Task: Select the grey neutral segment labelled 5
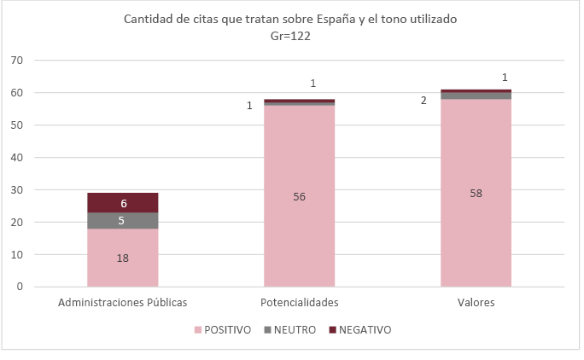click(122, 220)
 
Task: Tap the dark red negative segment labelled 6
click(122, 203)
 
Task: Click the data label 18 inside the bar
click(123, 258)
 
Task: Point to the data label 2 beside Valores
click(423, 101)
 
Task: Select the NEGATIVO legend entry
click(359, 329)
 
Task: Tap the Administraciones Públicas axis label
click(122, 302)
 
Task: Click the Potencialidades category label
click(299, 302)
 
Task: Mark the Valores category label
click(476, 302)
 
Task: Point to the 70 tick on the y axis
click(17, 61)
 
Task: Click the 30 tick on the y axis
click(17, 189)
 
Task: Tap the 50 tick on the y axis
click(17, 125)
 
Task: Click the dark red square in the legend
click(332, 329)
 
